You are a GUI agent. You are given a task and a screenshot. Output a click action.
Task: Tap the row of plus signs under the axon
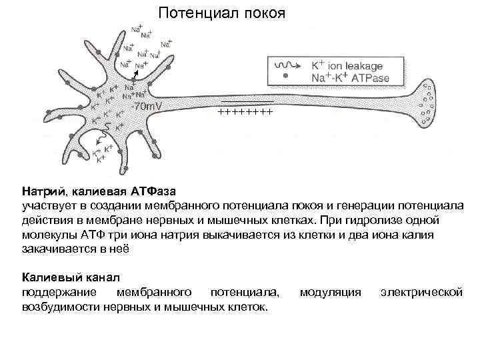point(245,113)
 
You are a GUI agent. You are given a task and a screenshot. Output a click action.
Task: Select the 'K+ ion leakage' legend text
point(347,65)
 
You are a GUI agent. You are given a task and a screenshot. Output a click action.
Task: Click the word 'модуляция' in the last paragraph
point(331,292)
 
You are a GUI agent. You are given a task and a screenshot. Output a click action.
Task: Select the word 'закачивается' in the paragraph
point(56,249)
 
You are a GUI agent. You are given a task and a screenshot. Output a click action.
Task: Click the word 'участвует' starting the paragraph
point(46,205)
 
